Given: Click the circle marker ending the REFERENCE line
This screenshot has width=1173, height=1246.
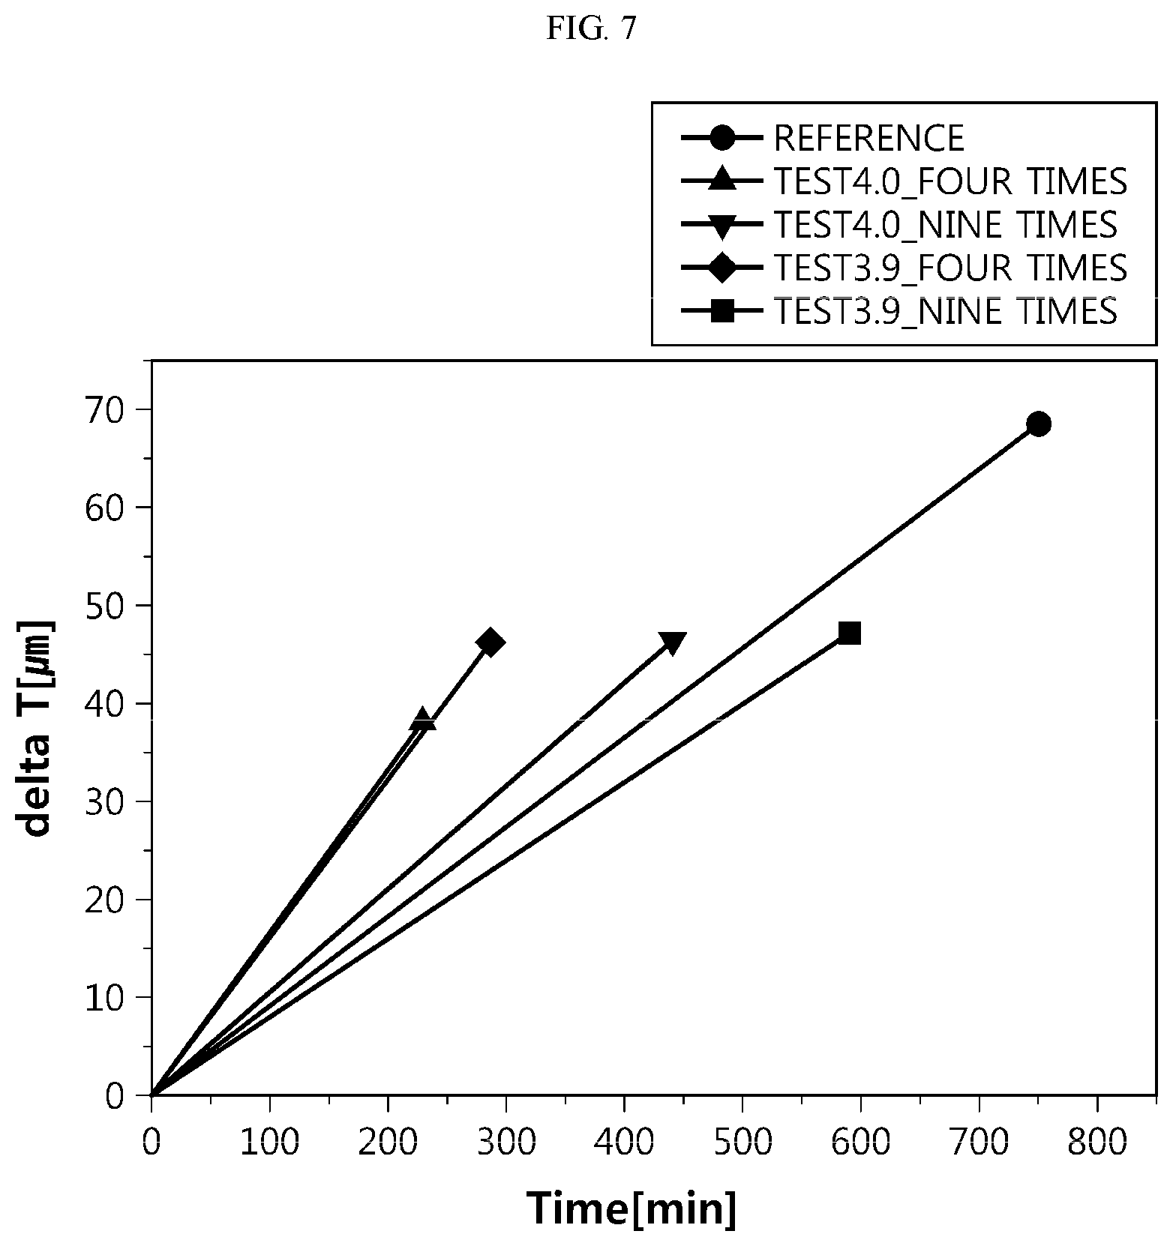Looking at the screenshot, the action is point(1038,424).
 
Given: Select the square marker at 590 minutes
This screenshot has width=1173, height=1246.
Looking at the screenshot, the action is point(849,633).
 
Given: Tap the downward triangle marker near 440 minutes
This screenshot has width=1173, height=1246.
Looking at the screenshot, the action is point(671,643).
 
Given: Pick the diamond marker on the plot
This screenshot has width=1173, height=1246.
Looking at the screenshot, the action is point(490,642).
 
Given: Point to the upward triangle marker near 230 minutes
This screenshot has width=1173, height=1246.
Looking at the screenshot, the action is point(423,718).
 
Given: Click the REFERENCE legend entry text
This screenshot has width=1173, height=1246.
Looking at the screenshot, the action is point(869,138).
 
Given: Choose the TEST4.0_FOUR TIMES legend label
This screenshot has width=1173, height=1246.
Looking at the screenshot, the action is point(950,181).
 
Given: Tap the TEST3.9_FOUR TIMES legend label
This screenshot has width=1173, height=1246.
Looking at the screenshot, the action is point(950,268).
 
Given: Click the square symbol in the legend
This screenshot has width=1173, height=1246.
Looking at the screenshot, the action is point(722,310).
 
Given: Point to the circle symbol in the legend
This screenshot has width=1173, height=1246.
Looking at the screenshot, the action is point(722,138).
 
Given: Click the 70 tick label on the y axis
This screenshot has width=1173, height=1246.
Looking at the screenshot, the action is point(107,409).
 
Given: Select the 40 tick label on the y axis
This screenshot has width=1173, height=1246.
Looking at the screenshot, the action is point(107,703).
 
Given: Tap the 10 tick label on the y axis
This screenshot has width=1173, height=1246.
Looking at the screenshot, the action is point(107,997).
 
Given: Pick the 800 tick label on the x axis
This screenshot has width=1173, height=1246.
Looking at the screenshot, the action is point(1096,1143).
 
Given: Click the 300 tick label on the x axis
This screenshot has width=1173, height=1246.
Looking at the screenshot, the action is point(505,1143).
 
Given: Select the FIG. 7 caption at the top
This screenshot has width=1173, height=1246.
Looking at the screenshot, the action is point(591,28).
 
